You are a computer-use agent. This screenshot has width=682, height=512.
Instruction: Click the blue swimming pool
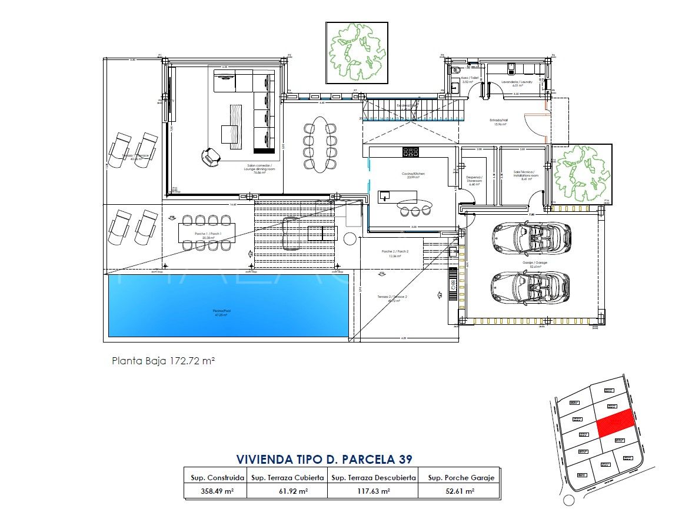pyautogui.click(x=228, y=305)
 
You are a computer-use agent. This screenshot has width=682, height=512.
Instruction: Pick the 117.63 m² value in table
pyautogui.click(x=372, y=491)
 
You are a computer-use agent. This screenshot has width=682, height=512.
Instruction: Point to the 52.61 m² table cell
pyautogui.click(x=458, y=491)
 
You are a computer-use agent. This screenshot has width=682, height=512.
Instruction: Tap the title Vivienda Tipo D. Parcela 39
pyautogui.click(x=324, y=458)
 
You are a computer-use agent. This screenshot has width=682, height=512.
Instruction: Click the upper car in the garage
pyautogui.click(x=530, y=237)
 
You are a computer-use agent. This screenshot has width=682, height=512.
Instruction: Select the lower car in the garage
pyautogui.click(x=530, y=285)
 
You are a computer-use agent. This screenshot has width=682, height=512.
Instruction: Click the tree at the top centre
pyautogui.click(x=357, y=53)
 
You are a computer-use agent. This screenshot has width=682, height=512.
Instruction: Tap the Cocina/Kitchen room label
pyautogui.click(x=413, y=174)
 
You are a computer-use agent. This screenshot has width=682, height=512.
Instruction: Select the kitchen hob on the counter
pyautogui.click(x=410, y=152)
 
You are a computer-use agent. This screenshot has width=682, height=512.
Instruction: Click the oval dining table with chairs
pyautogui.click(x=320, y=144)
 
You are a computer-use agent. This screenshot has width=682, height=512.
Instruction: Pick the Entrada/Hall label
pyautogui.click(x=498, y=121)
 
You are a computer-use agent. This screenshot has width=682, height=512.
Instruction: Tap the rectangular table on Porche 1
pyautogui.click(x=208, y=233)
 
